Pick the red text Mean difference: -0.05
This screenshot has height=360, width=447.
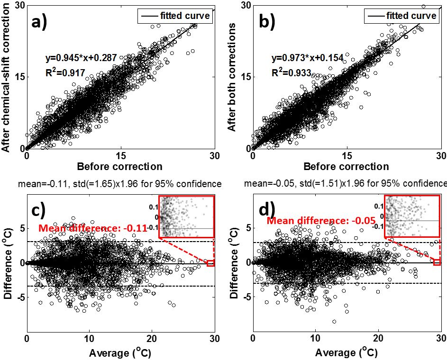point(321,220)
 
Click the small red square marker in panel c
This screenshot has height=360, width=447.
point(210,263)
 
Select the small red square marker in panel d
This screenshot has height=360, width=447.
point(437,262)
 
